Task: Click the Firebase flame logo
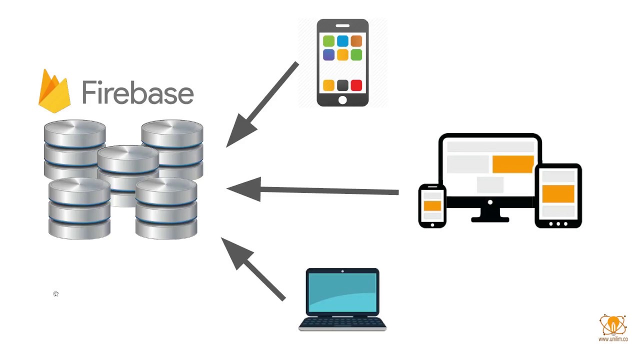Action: [x=54, y=92]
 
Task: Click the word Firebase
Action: [x=137, y=92]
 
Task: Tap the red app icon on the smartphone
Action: [x=356, y=85]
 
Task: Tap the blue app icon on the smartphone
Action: [x=342, y=41]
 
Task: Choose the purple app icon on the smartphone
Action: [x=328, y=54]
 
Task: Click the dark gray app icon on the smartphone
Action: [x=342, y=85]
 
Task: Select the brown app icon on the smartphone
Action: [x=356, y=41]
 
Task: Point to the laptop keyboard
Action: [x=342, y=322]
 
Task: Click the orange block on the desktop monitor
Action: [x=512, y=164]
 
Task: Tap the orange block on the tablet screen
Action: [x=558, y=193]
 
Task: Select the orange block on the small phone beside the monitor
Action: [x=432, y=205]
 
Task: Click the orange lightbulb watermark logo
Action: [x=612, y=325]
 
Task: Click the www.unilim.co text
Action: [x=613, y=339]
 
